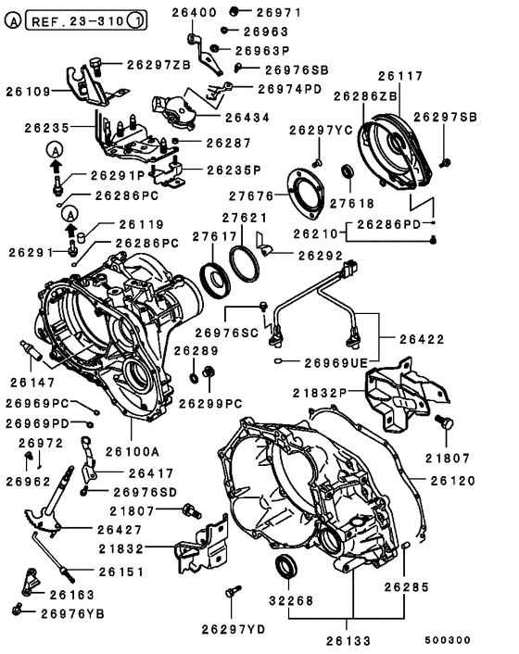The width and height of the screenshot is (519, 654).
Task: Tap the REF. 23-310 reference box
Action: tap(83, 19)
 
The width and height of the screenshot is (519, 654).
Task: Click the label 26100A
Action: tap(132, 450)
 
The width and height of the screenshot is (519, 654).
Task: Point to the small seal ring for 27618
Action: tap(349, 171)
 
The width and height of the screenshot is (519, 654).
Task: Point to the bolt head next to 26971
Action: tap(234, 11)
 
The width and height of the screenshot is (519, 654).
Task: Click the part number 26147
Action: tap(33, 381)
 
